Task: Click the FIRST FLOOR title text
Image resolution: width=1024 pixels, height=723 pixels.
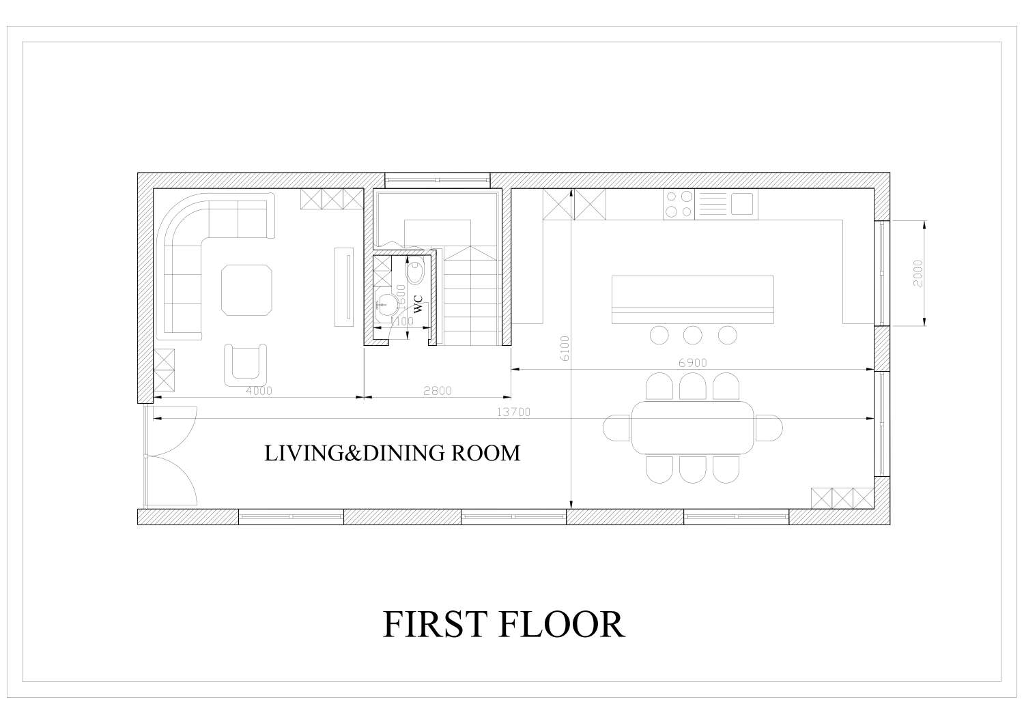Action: [x=503, y=623]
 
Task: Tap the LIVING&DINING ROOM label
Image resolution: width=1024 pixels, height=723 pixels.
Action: [x=392, y=453]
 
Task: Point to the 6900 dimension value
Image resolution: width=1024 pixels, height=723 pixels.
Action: [x=692, y=364]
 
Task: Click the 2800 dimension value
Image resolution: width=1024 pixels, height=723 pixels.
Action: [x=437, y=391]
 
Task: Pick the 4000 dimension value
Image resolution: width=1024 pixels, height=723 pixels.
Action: [x=259, y=391]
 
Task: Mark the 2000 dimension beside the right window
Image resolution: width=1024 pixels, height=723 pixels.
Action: [x=918, y=273]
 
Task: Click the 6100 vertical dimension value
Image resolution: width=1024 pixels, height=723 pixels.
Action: [x=564, y=349]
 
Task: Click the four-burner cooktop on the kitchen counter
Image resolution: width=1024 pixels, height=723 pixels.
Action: [x=679, y=204]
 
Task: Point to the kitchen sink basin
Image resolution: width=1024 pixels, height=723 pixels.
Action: [x=742, y=203]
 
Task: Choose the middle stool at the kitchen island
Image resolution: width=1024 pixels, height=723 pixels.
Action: [x=693, y=335]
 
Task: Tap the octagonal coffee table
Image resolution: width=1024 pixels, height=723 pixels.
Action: [x=246, y=291]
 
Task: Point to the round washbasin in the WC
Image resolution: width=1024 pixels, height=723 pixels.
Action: [x=388, y=301]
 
